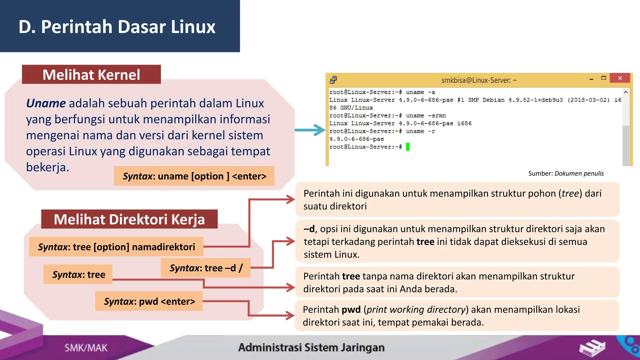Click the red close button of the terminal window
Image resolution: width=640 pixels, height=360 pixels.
(620, 78)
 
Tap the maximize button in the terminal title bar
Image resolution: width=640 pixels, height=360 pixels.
(603, 78)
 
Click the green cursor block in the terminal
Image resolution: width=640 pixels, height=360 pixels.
(407, 147)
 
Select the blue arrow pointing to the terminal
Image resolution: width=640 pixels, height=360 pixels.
(310, 130)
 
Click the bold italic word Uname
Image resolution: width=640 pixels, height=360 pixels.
(46, 103)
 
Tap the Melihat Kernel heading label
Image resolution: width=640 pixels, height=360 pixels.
(91, 75)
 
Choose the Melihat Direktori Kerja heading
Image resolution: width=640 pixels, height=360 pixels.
(129, 219)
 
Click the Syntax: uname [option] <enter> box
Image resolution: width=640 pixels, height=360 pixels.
(194, 176)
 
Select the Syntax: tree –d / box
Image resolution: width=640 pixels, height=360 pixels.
(206, 268)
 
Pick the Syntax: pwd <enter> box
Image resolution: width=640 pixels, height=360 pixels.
(149, 302)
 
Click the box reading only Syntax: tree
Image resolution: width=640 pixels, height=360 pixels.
(78, 275)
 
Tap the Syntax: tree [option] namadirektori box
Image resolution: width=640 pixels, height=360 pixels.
(116, 247)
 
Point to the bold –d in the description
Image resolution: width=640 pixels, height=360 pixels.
(309, 229)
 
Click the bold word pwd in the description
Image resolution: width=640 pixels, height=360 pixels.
(351, 310)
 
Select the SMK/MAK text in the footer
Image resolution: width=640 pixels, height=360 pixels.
(86, 348)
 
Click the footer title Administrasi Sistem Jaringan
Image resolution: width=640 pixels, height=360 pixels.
(311, 347)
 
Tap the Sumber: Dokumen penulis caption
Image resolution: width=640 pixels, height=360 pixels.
(566, 173)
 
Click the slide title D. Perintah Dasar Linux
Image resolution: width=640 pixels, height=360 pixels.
(117, 27)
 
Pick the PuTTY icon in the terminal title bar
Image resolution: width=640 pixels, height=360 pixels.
(333, 80)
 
